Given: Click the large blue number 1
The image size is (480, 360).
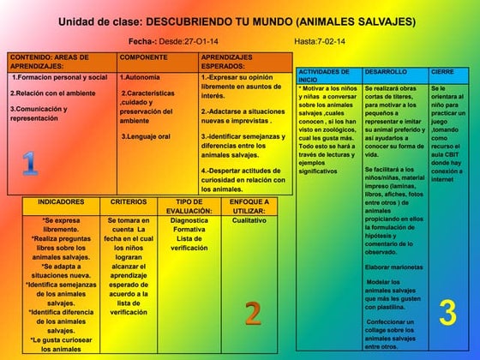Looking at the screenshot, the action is (29, 162).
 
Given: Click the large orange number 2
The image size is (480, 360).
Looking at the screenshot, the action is (252, 313).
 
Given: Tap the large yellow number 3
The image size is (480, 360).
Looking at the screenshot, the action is (447, 313).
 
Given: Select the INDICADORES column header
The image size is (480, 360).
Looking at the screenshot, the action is (61, 202).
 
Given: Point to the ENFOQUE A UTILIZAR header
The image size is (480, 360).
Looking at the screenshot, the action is (249, 206).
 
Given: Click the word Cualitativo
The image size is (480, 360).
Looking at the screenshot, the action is (249, 220).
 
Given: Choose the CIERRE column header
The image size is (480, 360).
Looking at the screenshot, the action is (443, 72).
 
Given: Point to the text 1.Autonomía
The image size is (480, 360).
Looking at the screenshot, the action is (141, 77).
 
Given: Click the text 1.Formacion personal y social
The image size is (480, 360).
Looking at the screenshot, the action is (59, 77).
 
